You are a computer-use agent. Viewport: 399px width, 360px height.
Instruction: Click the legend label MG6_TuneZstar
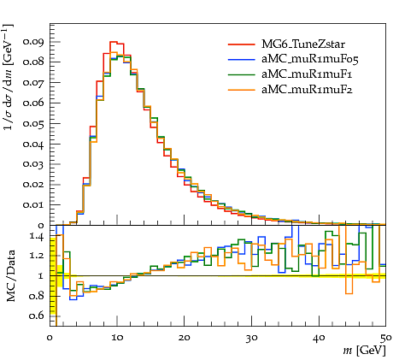click(x=303, y=44)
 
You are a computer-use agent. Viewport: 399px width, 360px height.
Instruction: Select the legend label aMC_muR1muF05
click(x=309, y=59)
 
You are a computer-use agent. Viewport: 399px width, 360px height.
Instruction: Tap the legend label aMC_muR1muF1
click(x=307, y=74)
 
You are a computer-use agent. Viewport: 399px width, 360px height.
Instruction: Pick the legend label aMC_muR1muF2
click(x=307, y=90)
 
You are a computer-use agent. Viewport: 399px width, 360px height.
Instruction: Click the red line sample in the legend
click(x=242, y=44)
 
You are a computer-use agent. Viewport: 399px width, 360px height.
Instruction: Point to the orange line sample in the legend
click(x=242, y=90)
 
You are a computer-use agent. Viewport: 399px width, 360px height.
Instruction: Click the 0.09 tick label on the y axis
click(x=33, y=42)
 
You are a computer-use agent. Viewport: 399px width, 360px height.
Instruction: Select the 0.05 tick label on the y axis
click(x=33, y=124)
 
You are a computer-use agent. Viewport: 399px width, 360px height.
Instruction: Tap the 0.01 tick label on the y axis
click(x=33, y=205)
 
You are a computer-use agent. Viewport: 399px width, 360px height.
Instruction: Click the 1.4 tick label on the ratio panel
click(x=37, y=237)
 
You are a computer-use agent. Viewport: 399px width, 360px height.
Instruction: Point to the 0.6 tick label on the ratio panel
click(x=37, y=316)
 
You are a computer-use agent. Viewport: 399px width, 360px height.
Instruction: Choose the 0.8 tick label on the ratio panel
click(x=37, y=296)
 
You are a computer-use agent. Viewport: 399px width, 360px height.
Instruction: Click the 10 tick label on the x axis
click(x=117, y=338)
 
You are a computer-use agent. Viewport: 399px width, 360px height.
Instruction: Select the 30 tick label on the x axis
click(x=252, y=338)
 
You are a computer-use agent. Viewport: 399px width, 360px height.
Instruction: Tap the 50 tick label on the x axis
click(x=386, y=338)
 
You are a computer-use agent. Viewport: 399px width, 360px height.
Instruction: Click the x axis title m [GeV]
click(x=365, y=350)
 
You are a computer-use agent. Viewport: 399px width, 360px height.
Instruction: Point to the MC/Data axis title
click(x=10, y=276)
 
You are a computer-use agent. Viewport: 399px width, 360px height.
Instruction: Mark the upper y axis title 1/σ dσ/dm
click(x=8, y=78)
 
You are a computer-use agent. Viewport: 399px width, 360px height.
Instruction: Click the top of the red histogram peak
click(x=114, y=42)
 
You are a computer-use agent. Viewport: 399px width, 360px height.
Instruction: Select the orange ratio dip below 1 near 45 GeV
click(x=349, y=293)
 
